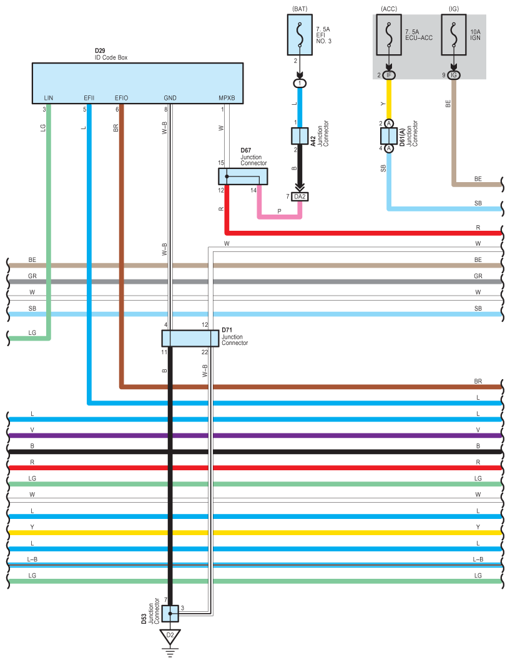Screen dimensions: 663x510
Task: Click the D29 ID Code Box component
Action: [137, 82]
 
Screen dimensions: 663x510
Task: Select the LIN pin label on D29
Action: [49, 98]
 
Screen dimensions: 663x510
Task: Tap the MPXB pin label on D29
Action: [227, 98]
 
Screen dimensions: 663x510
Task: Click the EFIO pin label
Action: [121, 98]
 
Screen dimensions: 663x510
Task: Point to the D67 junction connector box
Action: [243, 177]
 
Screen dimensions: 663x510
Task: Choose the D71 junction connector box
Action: [190, 338]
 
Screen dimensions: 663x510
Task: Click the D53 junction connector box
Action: [170, 613]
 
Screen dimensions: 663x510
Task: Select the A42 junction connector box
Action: [300, 136]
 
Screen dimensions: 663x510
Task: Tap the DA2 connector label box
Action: [300, 196]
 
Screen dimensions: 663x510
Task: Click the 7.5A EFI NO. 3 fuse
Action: [300, 35]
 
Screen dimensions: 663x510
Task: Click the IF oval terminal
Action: [389, 75]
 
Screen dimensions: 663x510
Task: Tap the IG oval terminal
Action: [454, 75]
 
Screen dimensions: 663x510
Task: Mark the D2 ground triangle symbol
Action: [170, 637]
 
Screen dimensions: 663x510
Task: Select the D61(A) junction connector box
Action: [389, 136]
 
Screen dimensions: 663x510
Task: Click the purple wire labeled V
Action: [250, 435]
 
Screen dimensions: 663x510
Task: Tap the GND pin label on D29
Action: [170, 98]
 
